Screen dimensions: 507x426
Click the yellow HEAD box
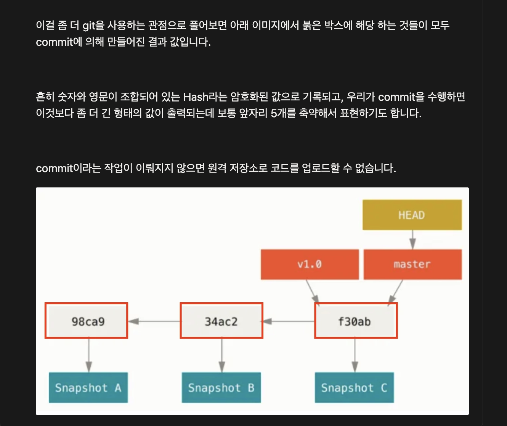(412, 215)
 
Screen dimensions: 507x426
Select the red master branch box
(412, 264)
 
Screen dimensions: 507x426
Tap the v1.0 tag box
(310, 264)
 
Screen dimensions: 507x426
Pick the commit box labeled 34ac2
(221, 321)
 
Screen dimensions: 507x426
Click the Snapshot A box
(88, 387)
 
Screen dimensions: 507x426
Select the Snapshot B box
(221, 387)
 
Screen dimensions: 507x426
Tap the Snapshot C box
(354, 387)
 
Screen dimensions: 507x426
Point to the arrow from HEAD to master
(412, 240)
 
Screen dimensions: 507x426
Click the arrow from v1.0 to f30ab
(313, 291)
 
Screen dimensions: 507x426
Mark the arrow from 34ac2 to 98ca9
(154, 321)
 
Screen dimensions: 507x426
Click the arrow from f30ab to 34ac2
(289, 321)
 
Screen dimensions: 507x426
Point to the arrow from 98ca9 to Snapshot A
(89, 355)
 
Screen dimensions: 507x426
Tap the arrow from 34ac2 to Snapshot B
(222, 355)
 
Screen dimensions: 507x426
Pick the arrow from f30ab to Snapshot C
(355, 355)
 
